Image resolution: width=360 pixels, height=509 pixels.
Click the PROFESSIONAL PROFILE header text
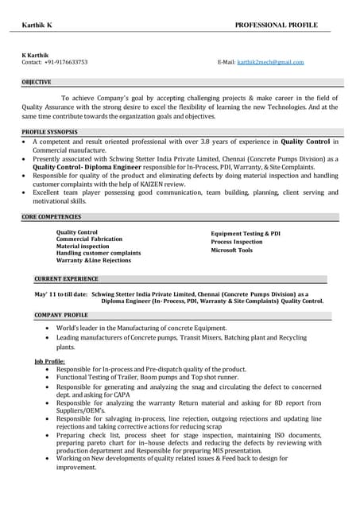click(x=276, y=25)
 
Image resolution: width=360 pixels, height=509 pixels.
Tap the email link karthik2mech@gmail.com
click(x=270, y=62)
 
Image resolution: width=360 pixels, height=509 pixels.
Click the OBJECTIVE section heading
click(x=37, y=82)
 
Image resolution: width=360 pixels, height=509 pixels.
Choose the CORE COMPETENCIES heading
click(x=52, y=216)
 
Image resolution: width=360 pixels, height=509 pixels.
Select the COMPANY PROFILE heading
click(x=61, y=315)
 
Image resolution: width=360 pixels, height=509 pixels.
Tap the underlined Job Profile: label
click(x=49, y=361)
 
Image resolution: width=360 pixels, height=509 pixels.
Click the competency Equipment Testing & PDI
click(x=246, y=234)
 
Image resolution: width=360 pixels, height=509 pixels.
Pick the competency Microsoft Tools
click(x=231, y=251)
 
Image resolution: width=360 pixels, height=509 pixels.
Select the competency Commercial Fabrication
click(x=89, y=239)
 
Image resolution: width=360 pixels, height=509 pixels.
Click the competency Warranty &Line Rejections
click(x=94, y=260)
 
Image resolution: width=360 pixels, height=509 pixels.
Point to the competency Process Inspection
click(x=236, y=242)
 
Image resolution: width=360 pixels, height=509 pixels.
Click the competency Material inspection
click(x=83, y=246)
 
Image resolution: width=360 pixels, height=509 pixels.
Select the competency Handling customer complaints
click(x=99, y=253)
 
